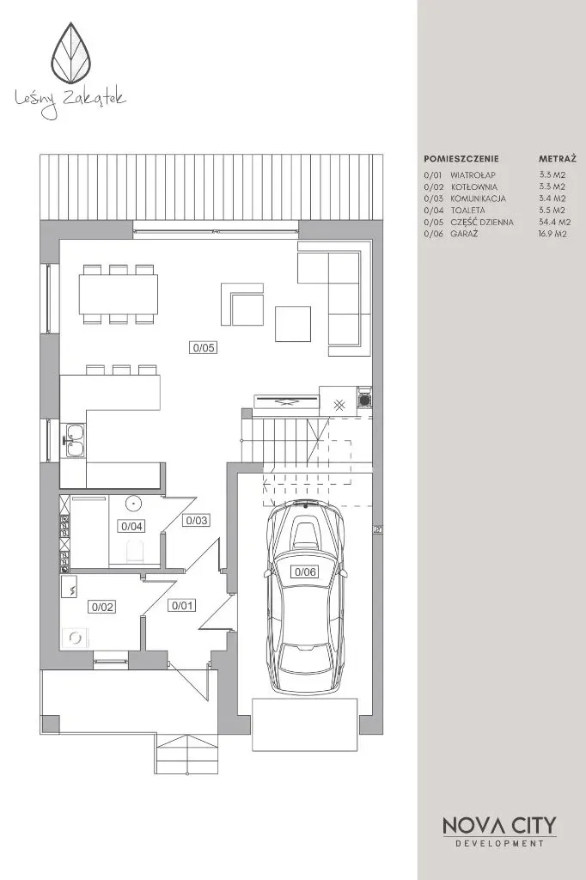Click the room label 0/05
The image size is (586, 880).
click(x=203, y=347)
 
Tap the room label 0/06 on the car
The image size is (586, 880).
click(x=305, y=571)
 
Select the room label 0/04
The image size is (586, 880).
click(x=132, y=526)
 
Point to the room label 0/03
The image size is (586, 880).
click(x=197, y=520)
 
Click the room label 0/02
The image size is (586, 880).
click(x=103, y=606)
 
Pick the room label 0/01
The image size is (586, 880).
click(x=182, y=605)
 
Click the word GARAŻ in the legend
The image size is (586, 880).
click(x=464, y=234)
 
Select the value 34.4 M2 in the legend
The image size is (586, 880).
click(x=554, y=222)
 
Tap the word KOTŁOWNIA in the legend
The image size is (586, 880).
click(x=473, y=186)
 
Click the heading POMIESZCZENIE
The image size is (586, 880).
click(x=461, y=159)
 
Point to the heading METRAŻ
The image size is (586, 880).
click(x=558, y=158)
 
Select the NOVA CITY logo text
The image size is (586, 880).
click(x=499, y=825)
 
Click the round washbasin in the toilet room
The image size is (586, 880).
click(x=133, y=504)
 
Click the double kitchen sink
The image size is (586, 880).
click(x=74, y=440)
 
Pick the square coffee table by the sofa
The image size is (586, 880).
click(x=293, y=324)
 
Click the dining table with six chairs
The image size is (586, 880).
click(x=119, y=294)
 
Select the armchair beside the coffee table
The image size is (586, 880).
click(x=242, y=303)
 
